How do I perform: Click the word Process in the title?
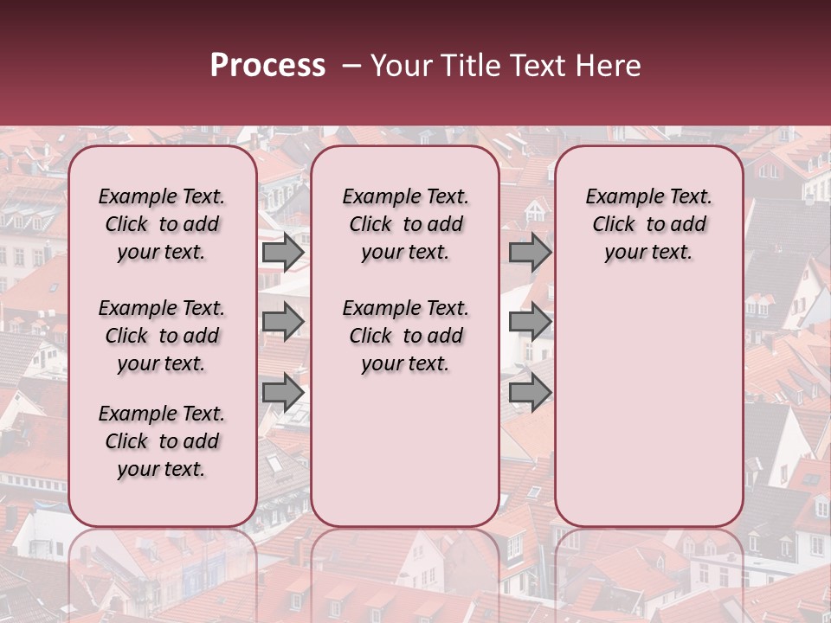point(267,66)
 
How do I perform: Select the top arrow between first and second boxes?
point(283,253)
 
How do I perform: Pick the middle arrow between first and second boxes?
point(283,322)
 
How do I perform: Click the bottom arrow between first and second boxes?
point(283,393)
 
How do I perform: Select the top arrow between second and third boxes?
point(530,253)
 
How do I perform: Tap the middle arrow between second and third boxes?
point(530,322)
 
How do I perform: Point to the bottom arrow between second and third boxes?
point(530,393)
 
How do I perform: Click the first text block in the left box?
point(162,224)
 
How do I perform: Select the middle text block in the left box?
point(162,336)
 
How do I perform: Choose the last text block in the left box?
point(162,441)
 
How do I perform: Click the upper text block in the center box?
point(405,224)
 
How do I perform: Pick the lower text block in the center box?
point(405,336)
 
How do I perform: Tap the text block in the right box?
point(649,224)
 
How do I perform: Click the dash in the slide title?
point(351,66)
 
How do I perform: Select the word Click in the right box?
point(614,225)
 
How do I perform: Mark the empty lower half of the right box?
point(649,407)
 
